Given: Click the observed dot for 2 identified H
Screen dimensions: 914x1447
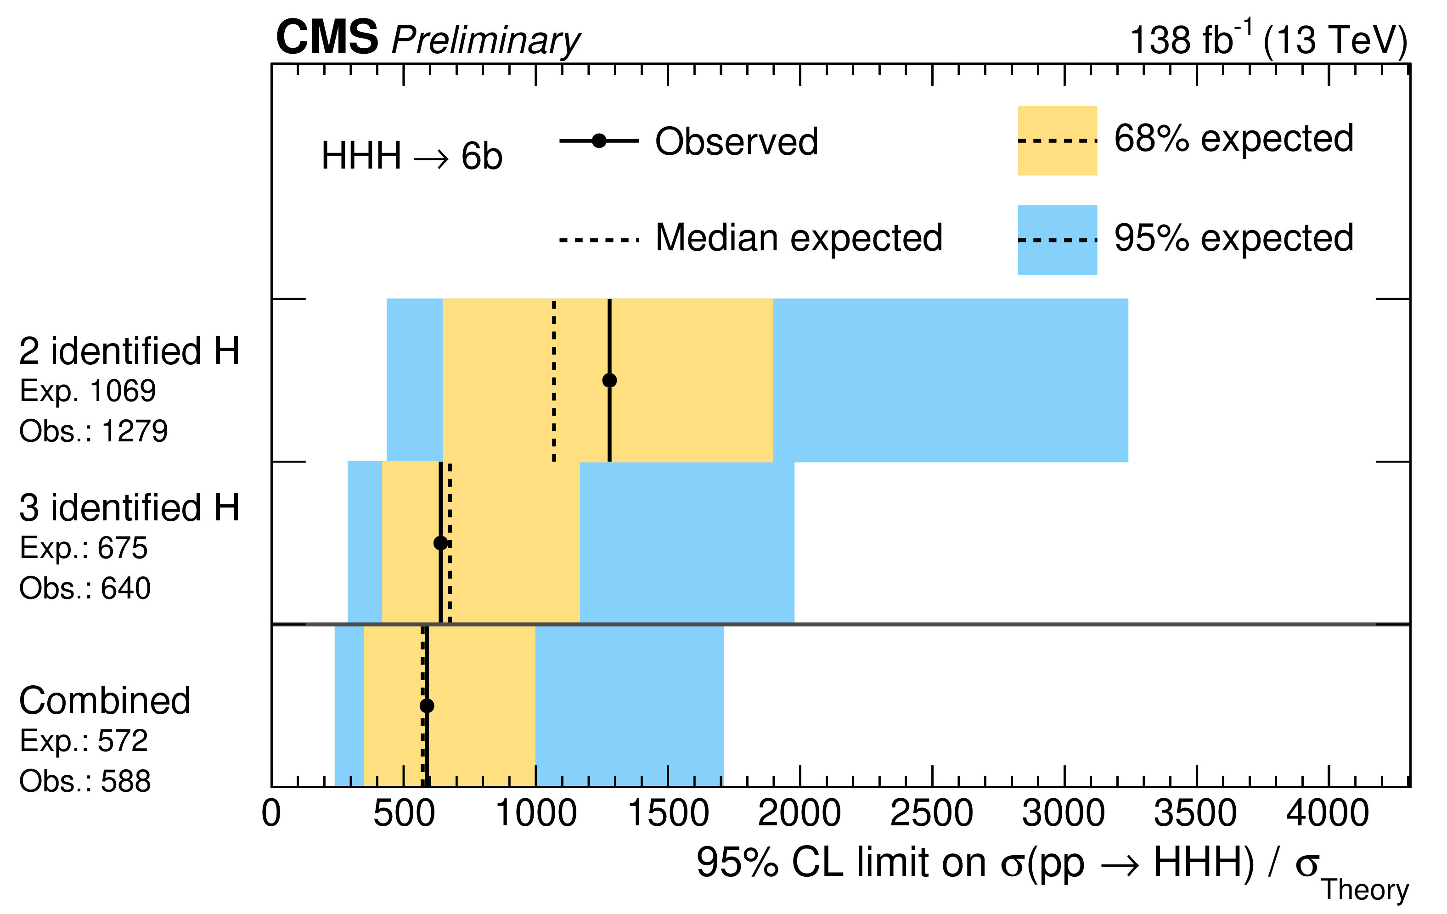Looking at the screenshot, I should [609, 380].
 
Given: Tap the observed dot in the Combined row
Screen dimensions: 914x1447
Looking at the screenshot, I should [427, 705].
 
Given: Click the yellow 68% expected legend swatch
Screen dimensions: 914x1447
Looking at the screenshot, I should [1057, 141].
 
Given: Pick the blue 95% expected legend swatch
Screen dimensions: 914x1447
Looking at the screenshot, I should [1057, 240].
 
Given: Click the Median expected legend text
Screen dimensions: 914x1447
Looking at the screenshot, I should [799, 238].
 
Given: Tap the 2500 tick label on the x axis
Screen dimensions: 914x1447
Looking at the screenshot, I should [931, 814].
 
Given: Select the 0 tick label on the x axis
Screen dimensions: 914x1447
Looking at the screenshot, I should [271, 814].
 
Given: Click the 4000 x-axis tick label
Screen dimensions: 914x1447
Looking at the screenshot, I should [1328, 814].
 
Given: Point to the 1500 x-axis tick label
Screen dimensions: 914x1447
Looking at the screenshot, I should [668, 814].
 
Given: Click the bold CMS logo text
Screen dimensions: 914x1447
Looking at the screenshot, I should [327, 37].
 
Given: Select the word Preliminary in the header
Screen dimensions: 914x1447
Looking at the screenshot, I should [485, 41].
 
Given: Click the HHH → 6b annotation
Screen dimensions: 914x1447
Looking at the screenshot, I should [411, 156].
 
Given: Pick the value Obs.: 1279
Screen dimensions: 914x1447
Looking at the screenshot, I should [94, 431].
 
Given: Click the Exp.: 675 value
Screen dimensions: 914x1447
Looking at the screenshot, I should [84, 548].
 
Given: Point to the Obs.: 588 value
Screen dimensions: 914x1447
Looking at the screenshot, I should [85, 781].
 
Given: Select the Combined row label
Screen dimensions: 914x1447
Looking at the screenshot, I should [105, 701].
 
